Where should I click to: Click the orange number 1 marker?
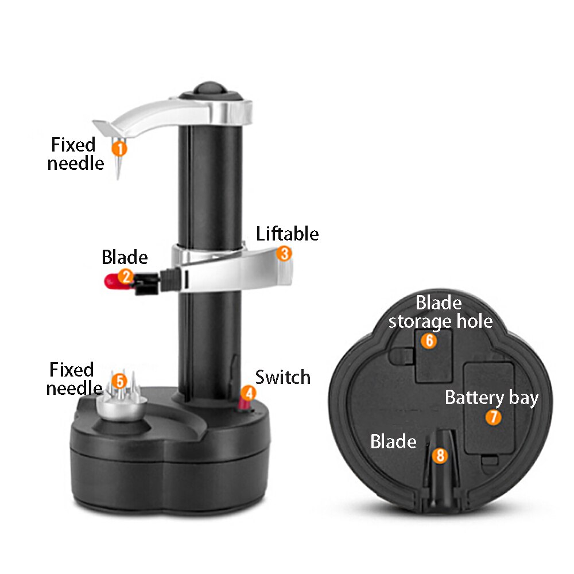(x=119, y=148)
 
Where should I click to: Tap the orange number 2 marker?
(x=126, y=277)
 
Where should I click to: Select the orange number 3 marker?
(x=284, y=253)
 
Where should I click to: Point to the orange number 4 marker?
(x=249, y=393)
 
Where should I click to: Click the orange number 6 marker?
(x=429, y=340)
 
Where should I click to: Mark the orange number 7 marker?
(x=493, y=417)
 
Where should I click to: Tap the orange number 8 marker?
(x=440, y=455)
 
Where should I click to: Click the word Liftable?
(x=287, y=234)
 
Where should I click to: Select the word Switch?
(x=282, y=377)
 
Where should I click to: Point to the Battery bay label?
(x=492, y=398)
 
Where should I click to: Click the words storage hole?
(x=440, y=322)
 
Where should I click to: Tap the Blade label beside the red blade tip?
(x=125, y=257)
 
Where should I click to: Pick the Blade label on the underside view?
(x=393, y=441)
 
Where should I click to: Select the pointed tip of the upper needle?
(x=118, y=179)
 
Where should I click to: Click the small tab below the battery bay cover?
(x=490, y=460)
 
